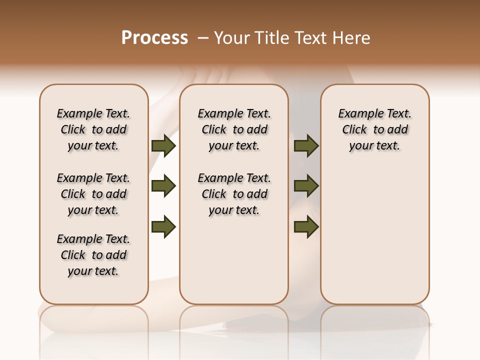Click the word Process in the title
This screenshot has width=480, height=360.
(x=154, y=37)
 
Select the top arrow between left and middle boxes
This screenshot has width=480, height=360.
(x=163, y=145)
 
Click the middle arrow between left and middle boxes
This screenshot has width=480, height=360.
(x=163, y=186)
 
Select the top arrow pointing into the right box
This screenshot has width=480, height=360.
(x=306, y=145)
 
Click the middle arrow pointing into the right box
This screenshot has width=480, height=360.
(x=306, y=186)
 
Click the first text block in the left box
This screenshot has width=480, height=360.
(x=93, y=129)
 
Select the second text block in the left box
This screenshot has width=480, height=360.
(x=93, y=194)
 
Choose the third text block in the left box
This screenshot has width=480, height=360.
(x=93, y=255)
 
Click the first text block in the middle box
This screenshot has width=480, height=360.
(x=234, y=129)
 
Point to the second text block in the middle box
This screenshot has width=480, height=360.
(x=234, y=194)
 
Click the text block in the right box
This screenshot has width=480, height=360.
(x=374, y=129)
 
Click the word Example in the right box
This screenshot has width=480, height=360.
(x=359, y=114)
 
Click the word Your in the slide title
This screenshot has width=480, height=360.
(x=230, y=37)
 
